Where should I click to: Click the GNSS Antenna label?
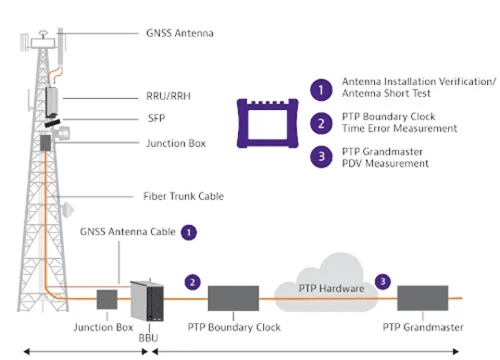180,33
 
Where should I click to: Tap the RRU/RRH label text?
169,96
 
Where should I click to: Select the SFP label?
156,118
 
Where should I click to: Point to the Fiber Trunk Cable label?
183,196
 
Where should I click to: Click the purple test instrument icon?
268,123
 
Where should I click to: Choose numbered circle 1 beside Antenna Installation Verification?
321,90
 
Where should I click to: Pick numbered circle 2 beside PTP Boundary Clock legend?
321,123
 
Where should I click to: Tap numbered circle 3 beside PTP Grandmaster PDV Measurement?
321,156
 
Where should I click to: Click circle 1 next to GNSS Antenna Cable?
189,232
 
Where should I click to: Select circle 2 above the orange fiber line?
193,282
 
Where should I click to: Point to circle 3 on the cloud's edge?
382,281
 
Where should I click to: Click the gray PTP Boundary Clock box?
233,298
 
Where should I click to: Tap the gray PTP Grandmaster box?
422,298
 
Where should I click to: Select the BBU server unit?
147,301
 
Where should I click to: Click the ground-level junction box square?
106,300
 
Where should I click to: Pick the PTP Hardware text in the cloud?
331,289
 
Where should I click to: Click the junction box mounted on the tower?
45,143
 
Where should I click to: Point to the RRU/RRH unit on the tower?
52,101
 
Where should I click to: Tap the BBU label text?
148,338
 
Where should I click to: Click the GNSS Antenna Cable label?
128,231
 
